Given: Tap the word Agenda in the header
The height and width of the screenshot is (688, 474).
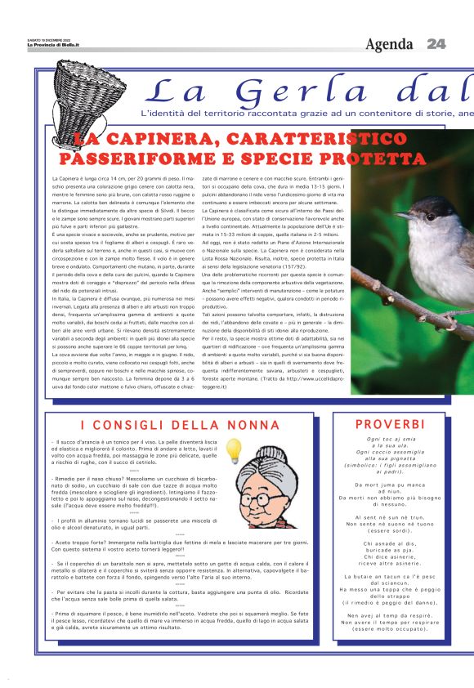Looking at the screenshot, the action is point(390,43).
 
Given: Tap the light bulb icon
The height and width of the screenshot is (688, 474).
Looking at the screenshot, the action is point(234,449).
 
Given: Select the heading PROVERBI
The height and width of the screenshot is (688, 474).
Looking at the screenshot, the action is point(390,424).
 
